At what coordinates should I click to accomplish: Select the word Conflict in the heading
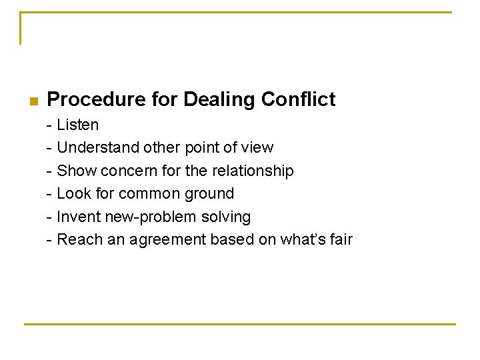coord(298,100)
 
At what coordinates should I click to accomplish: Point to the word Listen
coord(78,125)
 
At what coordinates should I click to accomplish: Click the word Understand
coord(98,147)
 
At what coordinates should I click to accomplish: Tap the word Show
coord(76,171)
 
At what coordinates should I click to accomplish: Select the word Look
coord(75,194)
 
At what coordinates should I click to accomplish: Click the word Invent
coord(79,217)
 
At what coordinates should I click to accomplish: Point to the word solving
coord(227,217)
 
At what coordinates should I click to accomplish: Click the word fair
coord(341,239)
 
